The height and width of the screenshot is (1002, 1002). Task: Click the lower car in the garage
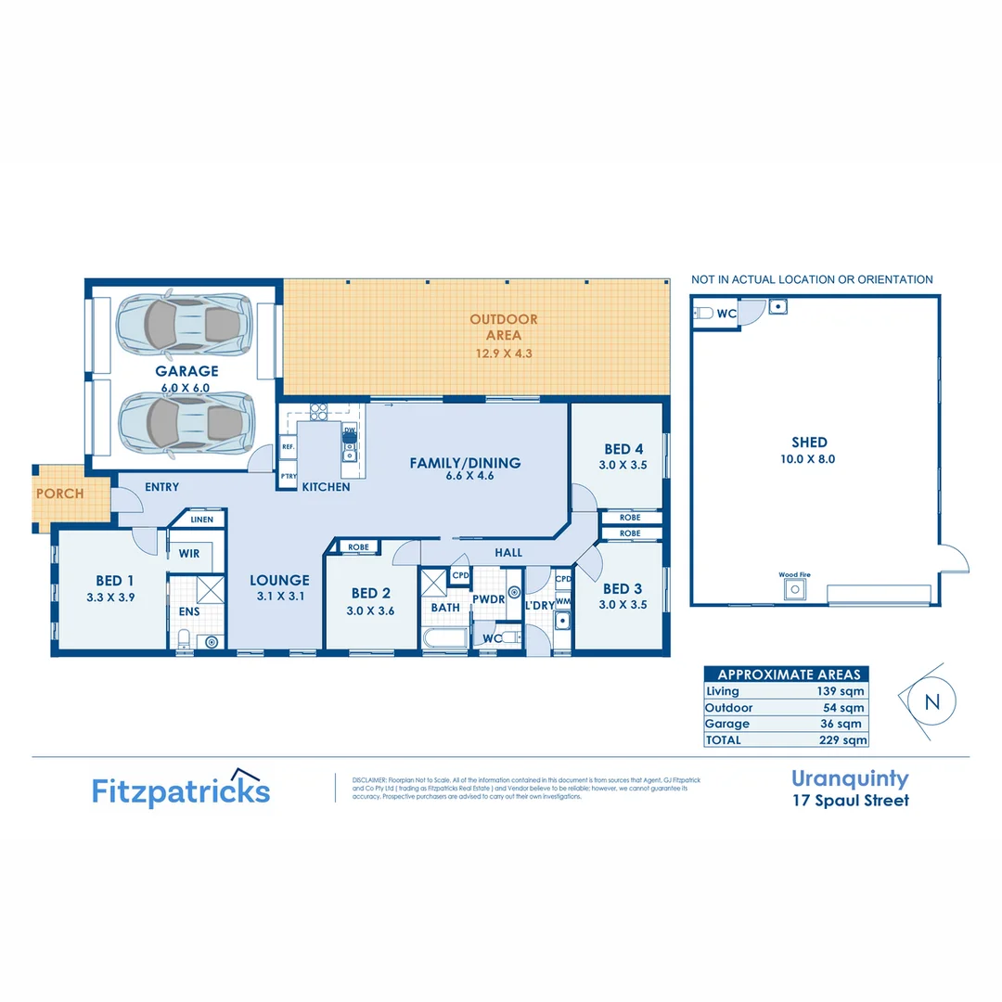coord(186,421)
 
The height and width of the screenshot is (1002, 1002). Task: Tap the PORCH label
coord(59,494)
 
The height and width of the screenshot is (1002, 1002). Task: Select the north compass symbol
coord(931,702)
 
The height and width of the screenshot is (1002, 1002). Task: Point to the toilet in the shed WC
coord(705,314)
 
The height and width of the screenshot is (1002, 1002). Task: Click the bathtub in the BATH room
coord(444,639)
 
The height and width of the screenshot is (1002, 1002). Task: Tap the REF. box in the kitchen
coord(289,445)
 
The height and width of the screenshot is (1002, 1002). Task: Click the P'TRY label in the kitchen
coord(289,477)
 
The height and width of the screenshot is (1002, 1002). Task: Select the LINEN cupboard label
coord(201,520)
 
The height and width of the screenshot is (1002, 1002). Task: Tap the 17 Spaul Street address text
coord(850,800)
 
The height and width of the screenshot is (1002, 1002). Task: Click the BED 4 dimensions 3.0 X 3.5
coord(623,466)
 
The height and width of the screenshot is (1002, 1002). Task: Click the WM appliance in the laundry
coord(562,603)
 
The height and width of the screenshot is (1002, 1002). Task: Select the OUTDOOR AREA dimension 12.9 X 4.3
coord(504,353)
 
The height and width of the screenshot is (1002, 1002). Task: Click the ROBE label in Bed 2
coord(358,547)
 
